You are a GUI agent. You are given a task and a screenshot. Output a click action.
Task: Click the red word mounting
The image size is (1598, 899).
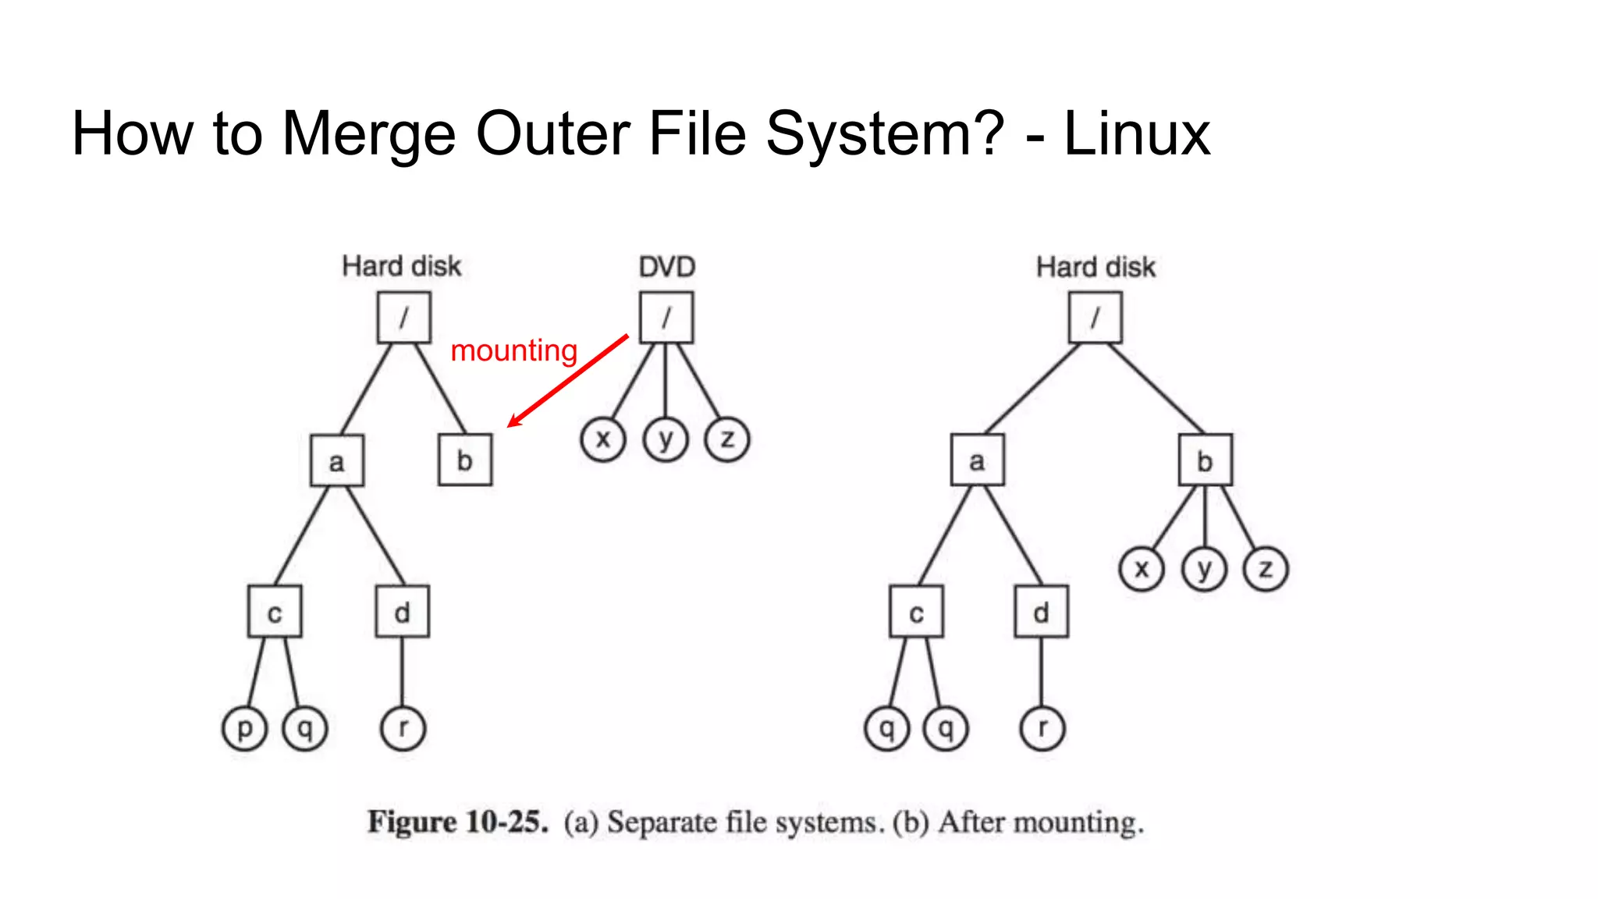click(x=513, y=351)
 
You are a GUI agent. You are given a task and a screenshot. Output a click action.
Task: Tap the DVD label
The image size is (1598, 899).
click(x=666, y=267)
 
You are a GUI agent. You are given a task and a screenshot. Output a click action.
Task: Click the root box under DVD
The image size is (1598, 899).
click(x=666, y=318)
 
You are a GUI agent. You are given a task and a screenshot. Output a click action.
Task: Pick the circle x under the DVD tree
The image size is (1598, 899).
click(x=602, y=439)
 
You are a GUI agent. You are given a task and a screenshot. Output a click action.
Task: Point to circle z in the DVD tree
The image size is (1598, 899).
click(x=727, y=439)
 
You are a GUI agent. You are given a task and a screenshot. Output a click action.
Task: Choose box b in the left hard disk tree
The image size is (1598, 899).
click(x=465, y=460)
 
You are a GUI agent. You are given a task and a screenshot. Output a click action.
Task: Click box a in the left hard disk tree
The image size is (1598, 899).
click(x=337, y=461)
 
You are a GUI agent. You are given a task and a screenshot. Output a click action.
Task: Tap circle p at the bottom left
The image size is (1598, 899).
click(x=244, y=728)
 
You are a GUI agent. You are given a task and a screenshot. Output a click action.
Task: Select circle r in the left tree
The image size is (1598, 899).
click(x=403, y=728)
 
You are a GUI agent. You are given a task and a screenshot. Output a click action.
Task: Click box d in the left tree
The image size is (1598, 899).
click(x=402, y=612)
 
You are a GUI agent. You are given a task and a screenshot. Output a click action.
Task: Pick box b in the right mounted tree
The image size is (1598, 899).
click(x=1205, y=460)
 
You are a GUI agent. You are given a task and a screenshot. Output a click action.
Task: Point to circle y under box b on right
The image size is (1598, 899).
click(x=1204, y=569)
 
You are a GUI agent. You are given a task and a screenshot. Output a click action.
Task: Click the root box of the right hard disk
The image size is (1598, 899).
click(x=1095, y=318)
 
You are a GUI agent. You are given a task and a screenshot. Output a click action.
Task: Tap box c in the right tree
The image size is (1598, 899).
click(x=916, y=613)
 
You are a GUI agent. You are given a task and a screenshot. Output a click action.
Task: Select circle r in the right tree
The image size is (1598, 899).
click(x=1042, y=728)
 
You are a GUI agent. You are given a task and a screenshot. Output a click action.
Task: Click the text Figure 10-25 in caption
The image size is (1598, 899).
click(x=458, y=823)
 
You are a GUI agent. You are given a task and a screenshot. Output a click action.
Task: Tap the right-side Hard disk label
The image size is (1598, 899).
click(x=1095, y=268)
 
